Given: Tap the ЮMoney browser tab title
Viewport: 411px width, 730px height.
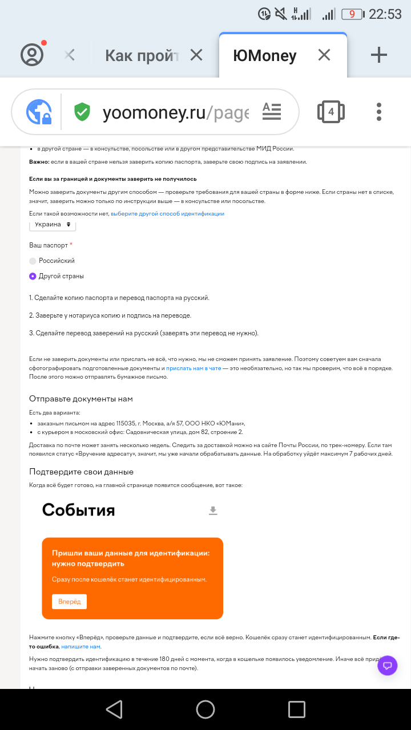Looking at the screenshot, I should (265, 55).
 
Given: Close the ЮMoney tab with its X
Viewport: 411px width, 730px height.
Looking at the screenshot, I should (324, 55).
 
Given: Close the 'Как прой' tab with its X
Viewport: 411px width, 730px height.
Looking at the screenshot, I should (196, 55).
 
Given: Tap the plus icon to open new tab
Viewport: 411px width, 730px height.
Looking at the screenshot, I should (379, 55).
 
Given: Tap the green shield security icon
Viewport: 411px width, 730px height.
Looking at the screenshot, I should (83, 112).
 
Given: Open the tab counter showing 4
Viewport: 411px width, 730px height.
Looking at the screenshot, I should (331, 112).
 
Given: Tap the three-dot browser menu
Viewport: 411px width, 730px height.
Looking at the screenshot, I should (379, 112).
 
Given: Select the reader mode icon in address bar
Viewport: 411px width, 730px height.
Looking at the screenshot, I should (272, 111).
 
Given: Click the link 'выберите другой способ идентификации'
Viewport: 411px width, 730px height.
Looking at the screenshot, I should (167, 214).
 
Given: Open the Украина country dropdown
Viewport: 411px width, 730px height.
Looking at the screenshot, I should (53, 225).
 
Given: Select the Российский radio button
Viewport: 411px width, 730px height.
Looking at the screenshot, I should (33, 261).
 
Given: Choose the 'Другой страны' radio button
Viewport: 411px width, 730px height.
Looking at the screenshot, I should (33, 276).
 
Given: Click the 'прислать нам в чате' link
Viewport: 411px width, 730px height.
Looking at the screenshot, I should (194, 368).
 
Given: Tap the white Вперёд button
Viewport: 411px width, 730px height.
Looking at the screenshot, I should (69, 602).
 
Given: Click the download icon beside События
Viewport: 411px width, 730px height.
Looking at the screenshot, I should (213, 510).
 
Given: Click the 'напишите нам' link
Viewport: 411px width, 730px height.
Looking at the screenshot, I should (80, 646).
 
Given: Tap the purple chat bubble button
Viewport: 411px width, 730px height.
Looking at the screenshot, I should (388, 665).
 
